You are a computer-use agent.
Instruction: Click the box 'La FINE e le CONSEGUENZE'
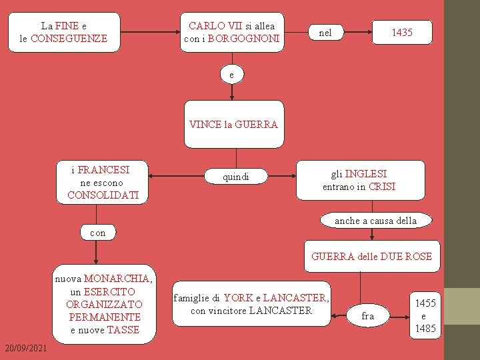[x=63, y=32]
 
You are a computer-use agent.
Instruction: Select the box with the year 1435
[x=401, y=33]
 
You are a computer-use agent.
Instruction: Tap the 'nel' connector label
[x=325, y=33]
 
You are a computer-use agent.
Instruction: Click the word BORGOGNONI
[x=243, y=39]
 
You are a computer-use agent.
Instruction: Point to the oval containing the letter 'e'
[x=231, y=75]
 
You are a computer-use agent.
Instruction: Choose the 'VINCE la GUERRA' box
[x=233, y=124]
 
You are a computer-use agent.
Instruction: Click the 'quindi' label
[x=236, y=177]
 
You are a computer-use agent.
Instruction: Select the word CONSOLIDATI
[x=103, y=195]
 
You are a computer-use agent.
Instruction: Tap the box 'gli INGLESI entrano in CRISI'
[x=359, y=180]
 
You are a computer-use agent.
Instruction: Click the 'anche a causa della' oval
[x=375, y=221]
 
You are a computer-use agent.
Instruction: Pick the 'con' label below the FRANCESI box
[x=97, y=233]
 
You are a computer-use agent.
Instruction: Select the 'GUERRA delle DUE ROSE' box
[x=371, y=256]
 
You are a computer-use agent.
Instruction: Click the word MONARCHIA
[x=117, y=279]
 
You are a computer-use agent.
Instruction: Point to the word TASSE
[x=123, y=329]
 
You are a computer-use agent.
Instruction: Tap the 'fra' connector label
[x=367, y=316]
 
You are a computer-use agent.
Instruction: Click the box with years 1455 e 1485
[x=425, y=315]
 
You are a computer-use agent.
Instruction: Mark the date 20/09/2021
[x=25, y=349]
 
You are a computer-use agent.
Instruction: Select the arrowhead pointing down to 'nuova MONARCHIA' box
[x=97, y=263]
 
